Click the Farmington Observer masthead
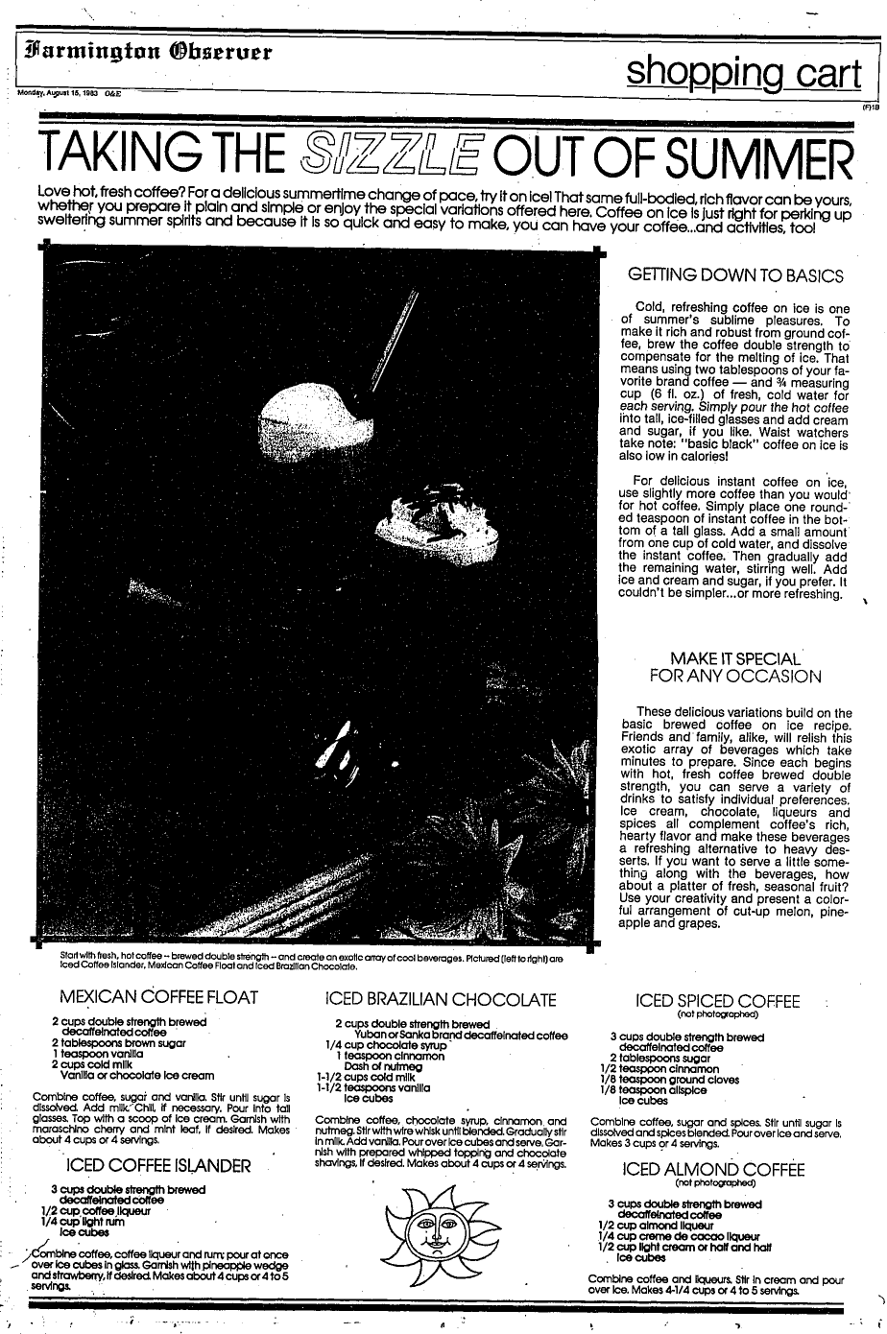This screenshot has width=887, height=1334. (145, 49)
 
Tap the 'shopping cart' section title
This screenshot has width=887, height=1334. (738, 68)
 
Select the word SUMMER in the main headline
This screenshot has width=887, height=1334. (752, 154)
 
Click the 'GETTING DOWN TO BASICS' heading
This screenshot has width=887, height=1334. (735, 275)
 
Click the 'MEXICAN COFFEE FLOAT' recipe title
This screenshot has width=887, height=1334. (158, 996)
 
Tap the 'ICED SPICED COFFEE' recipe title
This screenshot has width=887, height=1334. (718, 1002)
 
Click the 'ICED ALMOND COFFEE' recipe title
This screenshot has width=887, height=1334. (712, 1169)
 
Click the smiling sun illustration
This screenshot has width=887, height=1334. (441, 1226)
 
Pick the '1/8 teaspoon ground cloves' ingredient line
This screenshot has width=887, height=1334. (660, 1079)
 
